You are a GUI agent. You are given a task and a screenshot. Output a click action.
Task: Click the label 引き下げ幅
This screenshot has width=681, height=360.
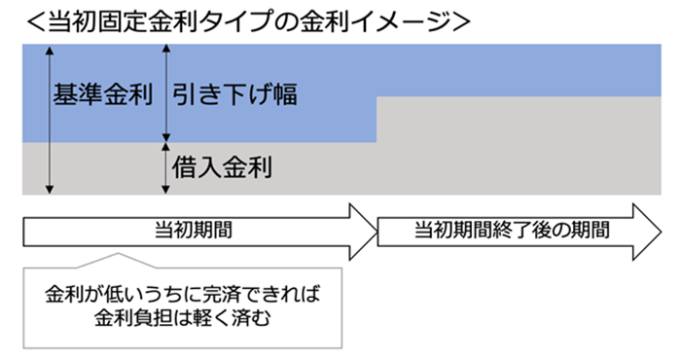[x=234, y=95]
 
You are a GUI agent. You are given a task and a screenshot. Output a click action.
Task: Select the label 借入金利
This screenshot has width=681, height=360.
[x=222, y=166]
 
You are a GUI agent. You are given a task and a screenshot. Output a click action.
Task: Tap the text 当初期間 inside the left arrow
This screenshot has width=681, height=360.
[x=194, y=231]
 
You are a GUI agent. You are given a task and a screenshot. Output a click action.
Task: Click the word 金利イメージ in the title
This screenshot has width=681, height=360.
[x=356, y=20]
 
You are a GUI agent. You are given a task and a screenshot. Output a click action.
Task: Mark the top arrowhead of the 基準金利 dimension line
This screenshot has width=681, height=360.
[x=47, y=51]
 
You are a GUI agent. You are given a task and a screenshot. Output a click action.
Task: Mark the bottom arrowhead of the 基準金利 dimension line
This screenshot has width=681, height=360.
[x=47, y=190]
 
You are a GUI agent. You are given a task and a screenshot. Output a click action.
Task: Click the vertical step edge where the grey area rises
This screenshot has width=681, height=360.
[x=376, y=120]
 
